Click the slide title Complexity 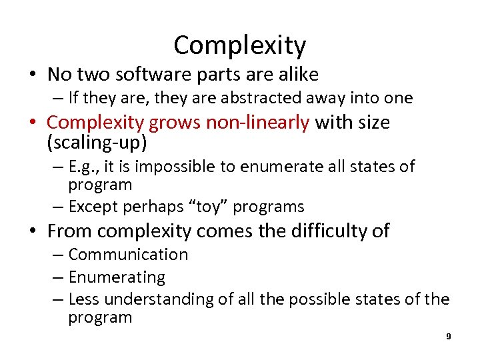coord(240,45)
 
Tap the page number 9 coord(449,337)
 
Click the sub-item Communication coord(128,255)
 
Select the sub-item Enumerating coord(117,277)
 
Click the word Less coord(83,300)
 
